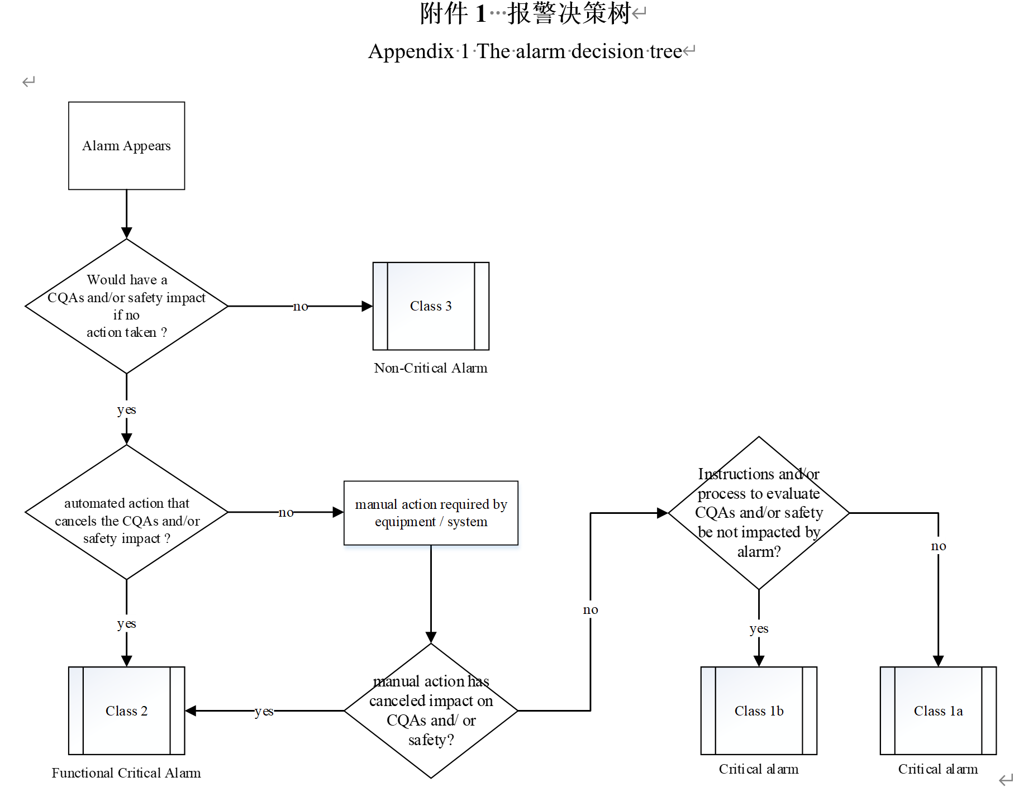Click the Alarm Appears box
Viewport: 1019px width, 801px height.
[126, 146]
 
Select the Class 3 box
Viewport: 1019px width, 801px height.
[431, 306]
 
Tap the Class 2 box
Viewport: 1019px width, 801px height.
[126, 711]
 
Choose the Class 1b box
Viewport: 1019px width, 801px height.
[759, 711]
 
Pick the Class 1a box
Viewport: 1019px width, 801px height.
[938, 711]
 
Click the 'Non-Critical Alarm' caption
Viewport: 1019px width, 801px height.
[431, 368]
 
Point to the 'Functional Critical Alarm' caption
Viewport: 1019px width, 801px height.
[126, 773]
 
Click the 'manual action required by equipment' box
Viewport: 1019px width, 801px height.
[431, 513]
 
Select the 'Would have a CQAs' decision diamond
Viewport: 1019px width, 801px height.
[126, 306]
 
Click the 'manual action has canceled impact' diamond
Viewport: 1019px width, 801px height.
[431, 711]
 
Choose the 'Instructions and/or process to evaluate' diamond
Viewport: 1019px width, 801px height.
[759, 513]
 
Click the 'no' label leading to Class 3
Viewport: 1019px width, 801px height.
[301, 306]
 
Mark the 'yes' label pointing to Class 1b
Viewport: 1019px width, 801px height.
[759, 629]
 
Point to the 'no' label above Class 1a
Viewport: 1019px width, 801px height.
[939, 546]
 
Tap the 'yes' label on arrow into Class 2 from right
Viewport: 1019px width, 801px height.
[264, 711]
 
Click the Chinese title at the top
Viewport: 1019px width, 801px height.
[525, 13]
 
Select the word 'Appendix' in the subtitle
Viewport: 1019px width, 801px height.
[411, 51]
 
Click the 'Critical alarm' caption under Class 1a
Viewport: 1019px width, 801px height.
[938, 769]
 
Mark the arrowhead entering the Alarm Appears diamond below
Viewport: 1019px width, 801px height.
[127, 233]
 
